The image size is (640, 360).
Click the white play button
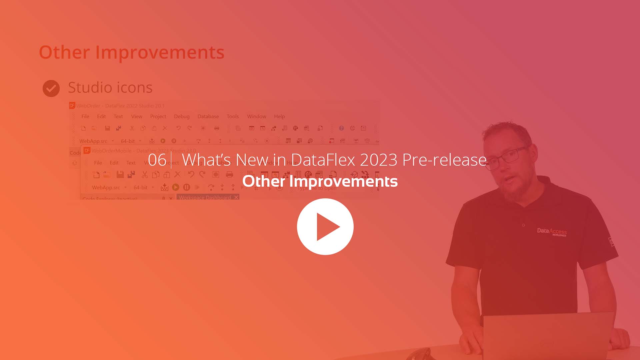(x=325, y=227)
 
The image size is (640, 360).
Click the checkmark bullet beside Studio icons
(x=51, y=88)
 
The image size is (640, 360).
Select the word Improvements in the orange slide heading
(x=160, y=52)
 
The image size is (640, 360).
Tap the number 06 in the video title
(x=157, y=160)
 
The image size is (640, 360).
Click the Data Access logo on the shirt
(x=552, y=232)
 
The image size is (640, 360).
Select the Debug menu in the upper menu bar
(x=182, y=116)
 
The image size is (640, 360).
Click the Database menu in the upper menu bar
(x=208, y=116)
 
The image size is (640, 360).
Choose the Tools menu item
(x=233, y=116)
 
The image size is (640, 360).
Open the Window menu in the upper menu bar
(x=256, y=116)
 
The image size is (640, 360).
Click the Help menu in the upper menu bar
(x=279, y=116)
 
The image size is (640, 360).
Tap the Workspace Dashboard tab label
(x=205, y=197)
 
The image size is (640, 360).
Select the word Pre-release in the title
(x=444, y=160)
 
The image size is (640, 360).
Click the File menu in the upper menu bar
(x=85, y=116)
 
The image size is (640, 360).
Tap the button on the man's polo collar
(x=523, y=225)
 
